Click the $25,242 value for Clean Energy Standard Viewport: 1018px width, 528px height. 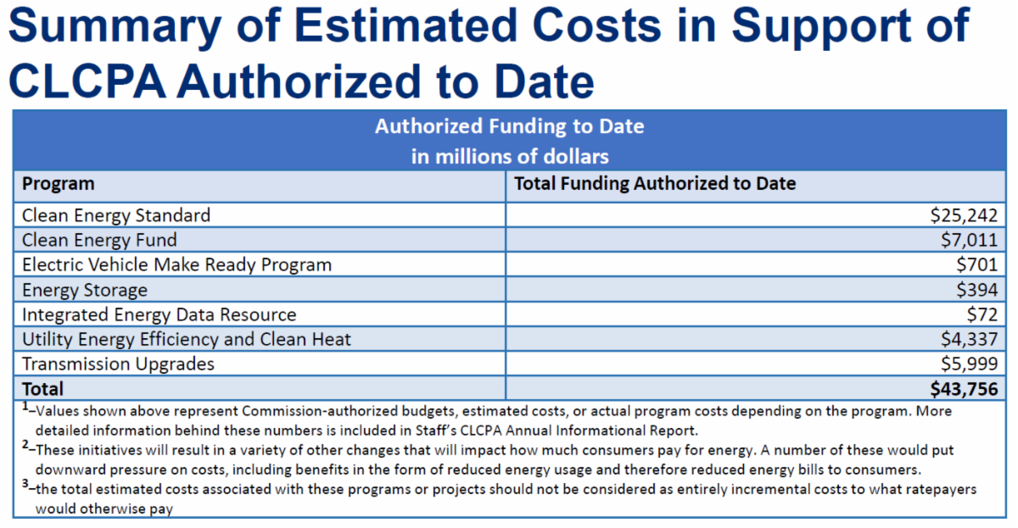(x=963, y=215)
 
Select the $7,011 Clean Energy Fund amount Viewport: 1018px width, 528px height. (x=967, y=241)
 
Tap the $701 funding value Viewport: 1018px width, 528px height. (x=976, y=264)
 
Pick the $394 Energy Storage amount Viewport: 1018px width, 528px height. (x=976, y=290)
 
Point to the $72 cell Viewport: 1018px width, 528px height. (x=982, y=314)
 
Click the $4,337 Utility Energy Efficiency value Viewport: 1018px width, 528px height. (x=967, y=339)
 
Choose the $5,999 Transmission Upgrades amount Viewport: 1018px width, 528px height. (x=967, y=364)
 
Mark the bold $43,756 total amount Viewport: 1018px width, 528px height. (x=963, y=389)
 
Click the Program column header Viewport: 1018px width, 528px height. (x=58, y=184)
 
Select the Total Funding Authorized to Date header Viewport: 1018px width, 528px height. (x=655, y=184)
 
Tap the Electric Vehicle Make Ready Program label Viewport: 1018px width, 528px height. (x=176, y=264)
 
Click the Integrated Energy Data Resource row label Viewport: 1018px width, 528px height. (x=159, y=314)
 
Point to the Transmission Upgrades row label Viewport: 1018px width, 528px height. (x=118, y=364)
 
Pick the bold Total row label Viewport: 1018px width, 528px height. (x=42, y=389)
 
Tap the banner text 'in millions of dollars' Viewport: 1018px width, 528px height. (x=510, y=157)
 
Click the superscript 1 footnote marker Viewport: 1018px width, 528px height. (x=25, y=407)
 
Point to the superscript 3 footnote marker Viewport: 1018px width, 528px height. (x=25, y=485)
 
